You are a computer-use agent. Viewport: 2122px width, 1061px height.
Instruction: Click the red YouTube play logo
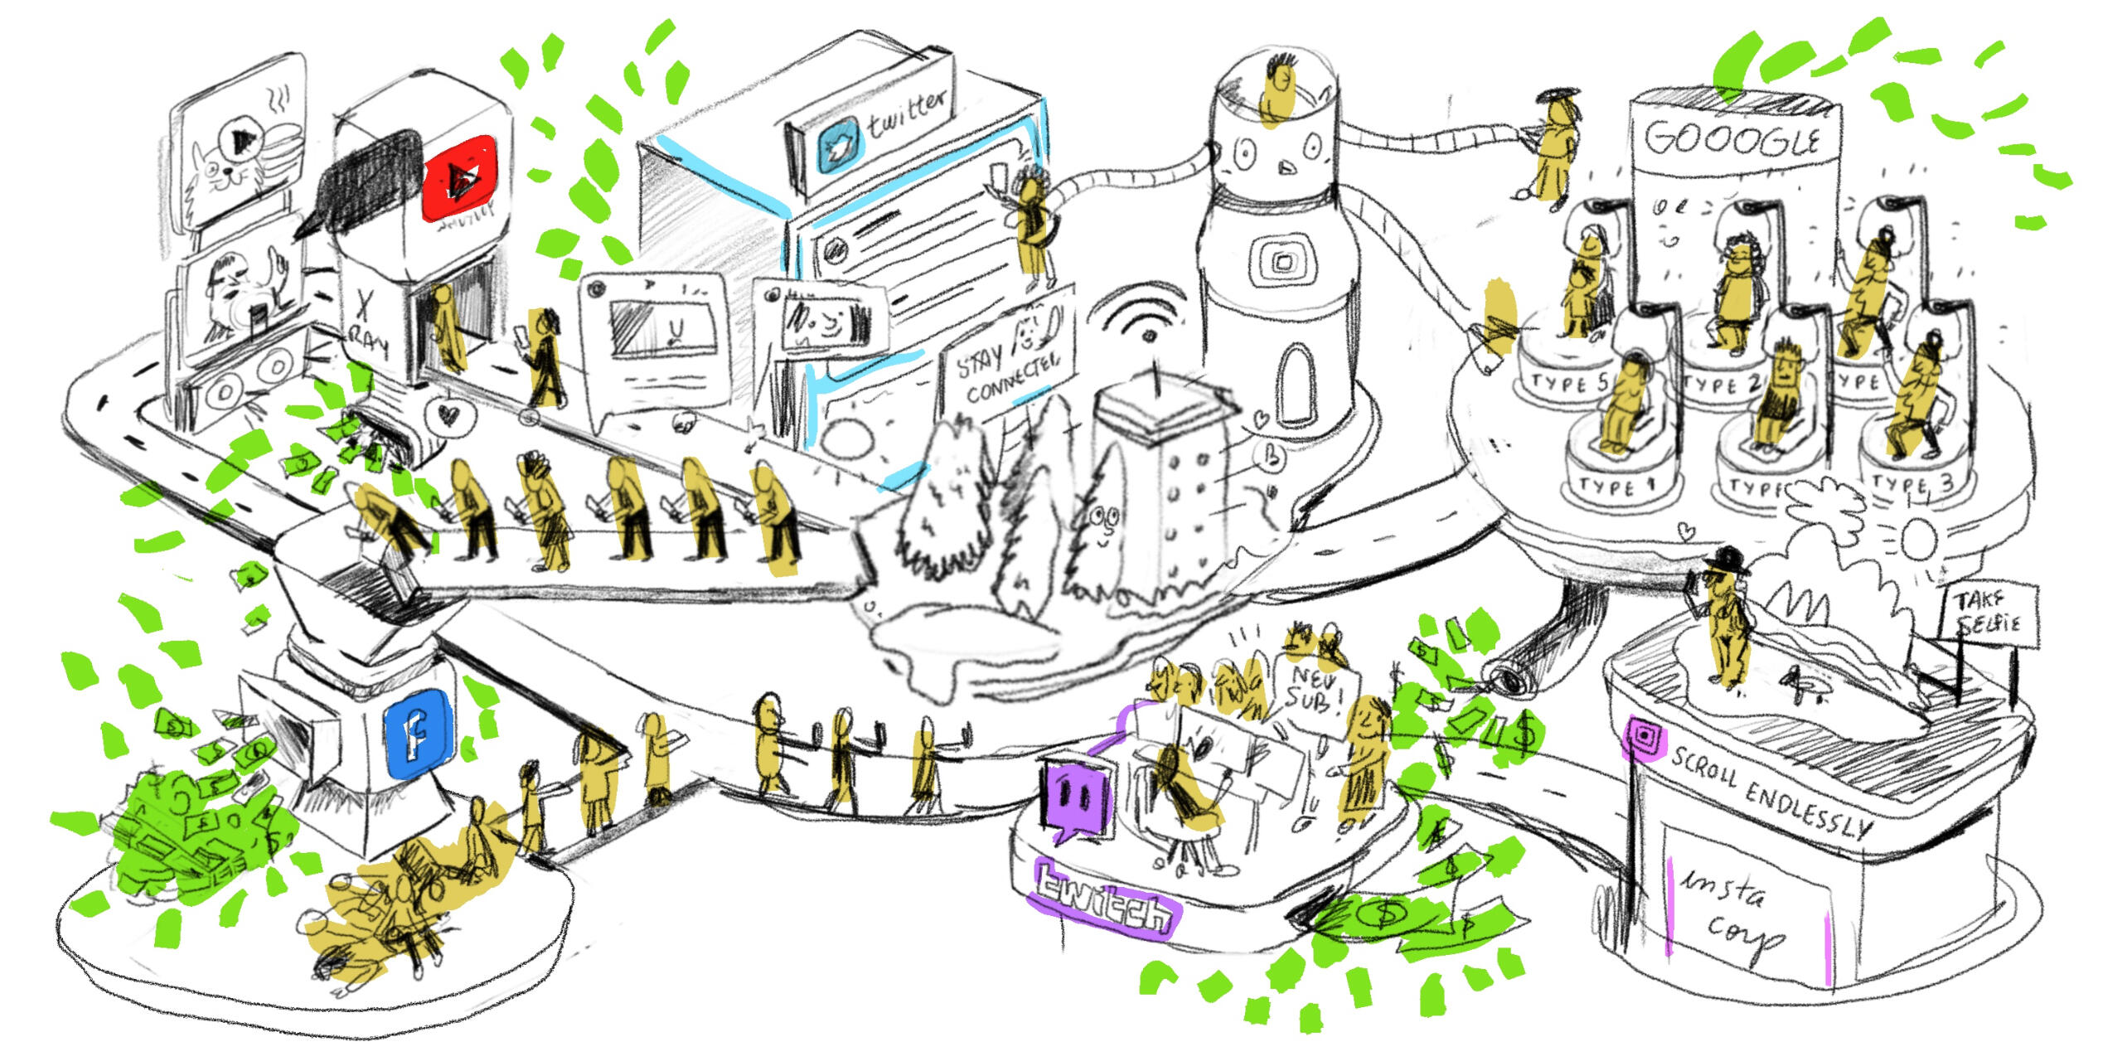click(458, 178)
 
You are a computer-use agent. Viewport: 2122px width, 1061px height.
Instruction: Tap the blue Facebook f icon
click(419, 734)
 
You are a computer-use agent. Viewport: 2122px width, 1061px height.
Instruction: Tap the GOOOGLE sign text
click(1732, 139)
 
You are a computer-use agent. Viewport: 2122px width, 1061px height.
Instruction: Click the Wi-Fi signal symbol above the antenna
click(1140, 315)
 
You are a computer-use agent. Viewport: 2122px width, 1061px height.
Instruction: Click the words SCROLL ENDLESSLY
click(1770, 792)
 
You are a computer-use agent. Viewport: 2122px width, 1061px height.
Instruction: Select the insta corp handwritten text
click(1732, 912)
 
